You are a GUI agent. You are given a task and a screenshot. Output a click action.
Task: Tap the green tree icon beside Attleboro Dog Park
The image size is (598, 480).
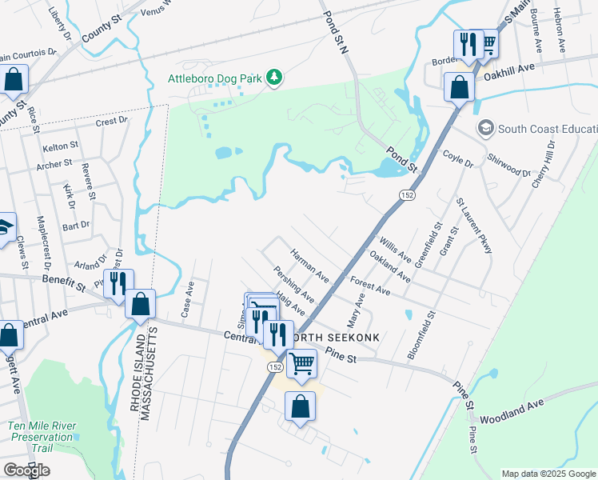coord(275,77)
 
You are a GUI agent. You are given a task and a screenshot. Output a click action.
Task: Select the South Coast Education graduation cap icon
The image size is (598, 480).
coord(484,128)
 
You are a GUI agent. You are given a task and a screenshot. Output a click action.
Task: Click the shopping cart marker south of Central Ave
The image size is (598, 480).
coord(302,364)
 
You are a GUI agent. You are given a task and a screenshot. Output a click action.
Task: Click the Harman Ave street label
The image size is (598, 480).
coord(309,265)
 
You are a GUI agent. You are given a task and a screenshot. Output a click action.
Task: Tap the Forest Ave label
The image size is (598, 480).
coord(370,286)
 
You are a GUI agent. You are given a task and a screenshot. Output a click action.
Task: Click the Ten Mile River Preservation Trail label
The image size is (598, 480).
coord(41,437)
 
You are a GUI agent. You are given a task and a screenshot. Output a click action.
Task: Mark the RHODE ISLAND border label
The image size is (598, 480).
coord(135,377)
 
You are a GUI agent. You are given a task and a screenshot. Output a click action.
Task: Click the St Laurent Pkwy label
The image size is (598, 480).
coord(473,230)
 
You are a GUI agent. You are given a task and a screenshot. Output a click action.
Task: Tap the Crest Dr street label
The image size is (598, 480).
coord(111,122)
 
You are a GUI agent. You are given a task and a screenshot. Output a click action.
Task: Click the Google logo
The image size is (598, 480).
coord(26,470)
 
